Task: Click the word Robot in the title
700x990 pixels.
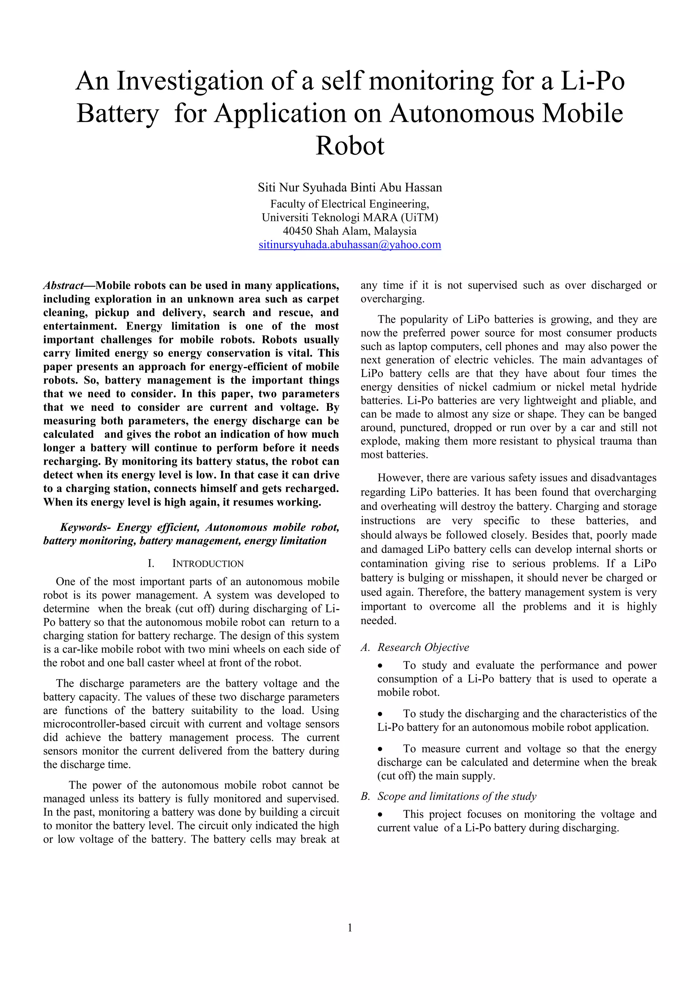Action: coord(350,146)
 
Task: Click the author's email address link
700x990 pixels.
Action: coord(350,245)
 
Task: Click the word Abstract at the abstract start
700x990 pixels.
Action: coord(63,286)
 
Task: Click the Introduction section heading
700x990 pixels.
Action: coord(208,564)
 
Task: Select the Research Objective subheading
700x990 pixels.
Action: coord(423,647)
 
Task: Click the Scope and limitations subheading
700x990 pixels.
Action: coord(456,796)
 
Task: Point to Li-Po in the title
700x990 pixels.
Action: coord(592,81)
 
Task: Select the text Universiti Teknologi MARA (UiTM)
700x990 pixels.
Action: coord(350,217)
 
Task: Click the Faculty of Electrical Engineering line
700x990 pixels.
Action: coord(350,203)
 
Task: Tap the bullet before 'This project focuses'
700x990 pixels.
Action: coord(380,815)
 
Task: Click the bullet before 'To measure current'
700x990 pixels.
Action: coord(380,749)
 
